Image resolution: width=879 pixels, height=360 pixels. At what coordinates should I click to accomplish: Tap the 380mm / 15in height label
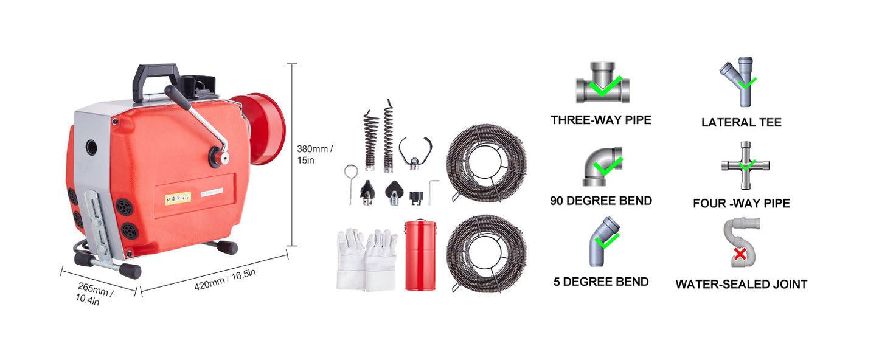coord(315,154)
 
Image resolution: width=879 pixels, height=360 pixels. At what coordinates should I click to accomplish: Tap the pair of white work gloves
coord(366,260)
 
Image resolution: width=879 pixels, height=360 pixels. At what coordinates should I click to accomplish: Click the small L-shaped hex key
coord(433,192)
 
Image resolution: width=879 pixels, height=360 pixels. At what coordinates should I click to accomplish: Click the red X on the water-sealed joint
coord(740,253)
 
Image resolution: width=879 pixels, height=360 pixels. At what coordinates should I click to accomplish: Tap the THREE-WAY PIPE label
coord(600,120)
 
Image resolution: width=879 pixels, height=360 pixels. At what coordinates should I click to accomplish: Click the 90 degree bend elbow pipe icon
coord(602,166)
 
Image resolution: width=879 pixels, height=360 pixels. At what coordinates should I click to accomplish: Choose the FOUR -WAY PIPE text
coord(741,203)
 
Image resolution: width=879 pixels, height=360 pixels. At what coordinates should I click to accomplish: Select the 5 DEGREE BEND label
coord(600,282)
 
